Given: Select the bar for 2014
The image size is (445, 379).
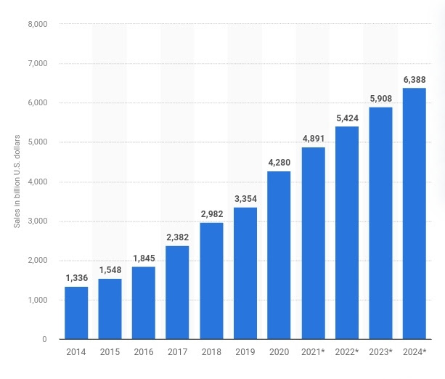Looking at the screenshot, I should coord(76,313).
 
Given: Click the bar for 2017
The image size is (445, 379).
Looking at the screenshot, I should coord(177,293).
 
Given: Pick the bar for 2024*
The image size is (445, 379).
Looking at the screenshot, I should coord(415,213).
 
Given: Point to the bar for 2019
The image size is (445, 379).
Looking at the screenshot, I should coord(245,273).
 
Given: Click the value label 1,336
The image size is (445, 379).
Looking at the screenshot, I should coord(76,277).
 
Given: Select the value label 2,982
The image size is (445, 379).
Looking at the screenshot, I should coord(211,213).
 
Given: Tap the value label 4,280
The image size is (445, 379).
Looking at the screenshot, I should coord(279,162).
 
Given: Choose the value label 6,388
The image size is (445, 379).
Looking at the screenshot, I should coord(415,78).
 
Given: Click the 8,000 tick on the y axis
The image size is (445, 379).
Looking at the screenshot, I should coord(36,24).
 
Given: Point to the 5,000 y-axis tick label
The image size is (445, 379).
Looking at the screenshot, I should coord(36,142).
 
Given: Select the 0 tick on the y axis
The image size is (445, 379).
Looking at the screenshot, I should coord(44,339).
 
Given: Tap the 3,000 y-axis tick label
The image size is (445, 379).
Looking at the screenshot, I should coord(36,221).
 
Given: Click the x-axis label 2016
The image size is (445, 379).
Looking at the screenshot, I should coord(144,352).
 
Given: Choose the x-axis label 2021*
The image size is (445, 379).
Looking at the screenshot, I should coord(314,352).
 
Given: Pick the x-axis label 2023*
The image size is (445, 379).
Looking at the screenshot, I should coord(381,352).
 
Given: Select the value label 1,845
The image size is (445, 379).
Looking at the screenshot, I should coord(144,257).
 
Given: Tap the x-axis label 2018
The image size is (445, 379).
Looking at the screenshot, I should coord(211,352).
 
